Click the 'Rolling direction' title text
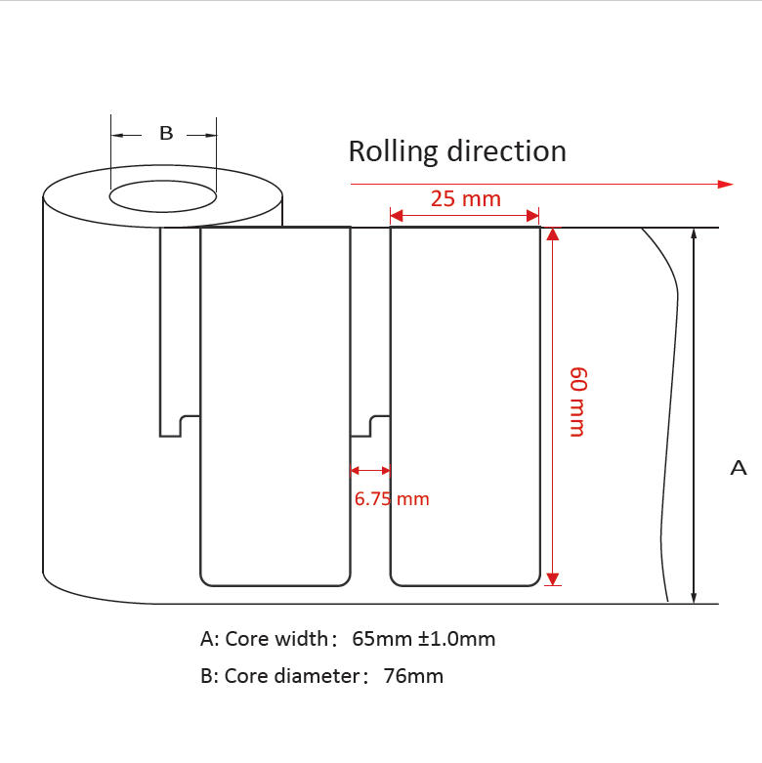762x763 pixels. pos(457,151)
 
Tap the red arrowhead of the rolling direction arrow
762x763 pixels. pos(725,184)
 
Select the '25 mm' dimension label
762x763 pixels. pos(465,198)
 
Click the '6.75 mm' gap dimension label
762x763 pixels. pos(391,498)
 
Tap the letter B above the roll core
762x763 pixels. pos(166,133)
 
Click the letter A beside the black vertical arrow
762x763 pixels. pos(739,468)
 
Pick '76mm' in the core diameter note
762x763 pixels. pos(414,675)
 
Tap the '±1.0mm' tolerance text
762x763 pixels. pos(457,639)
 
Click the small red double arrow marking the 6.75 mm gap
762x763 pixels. pos(370,470)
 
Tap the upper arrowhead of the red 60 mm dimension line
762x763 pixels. pos(552,234)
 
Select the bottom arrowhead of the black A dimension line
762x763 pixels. pos(694,597)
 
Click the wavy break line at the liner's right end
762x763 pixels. pos(668,410)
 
